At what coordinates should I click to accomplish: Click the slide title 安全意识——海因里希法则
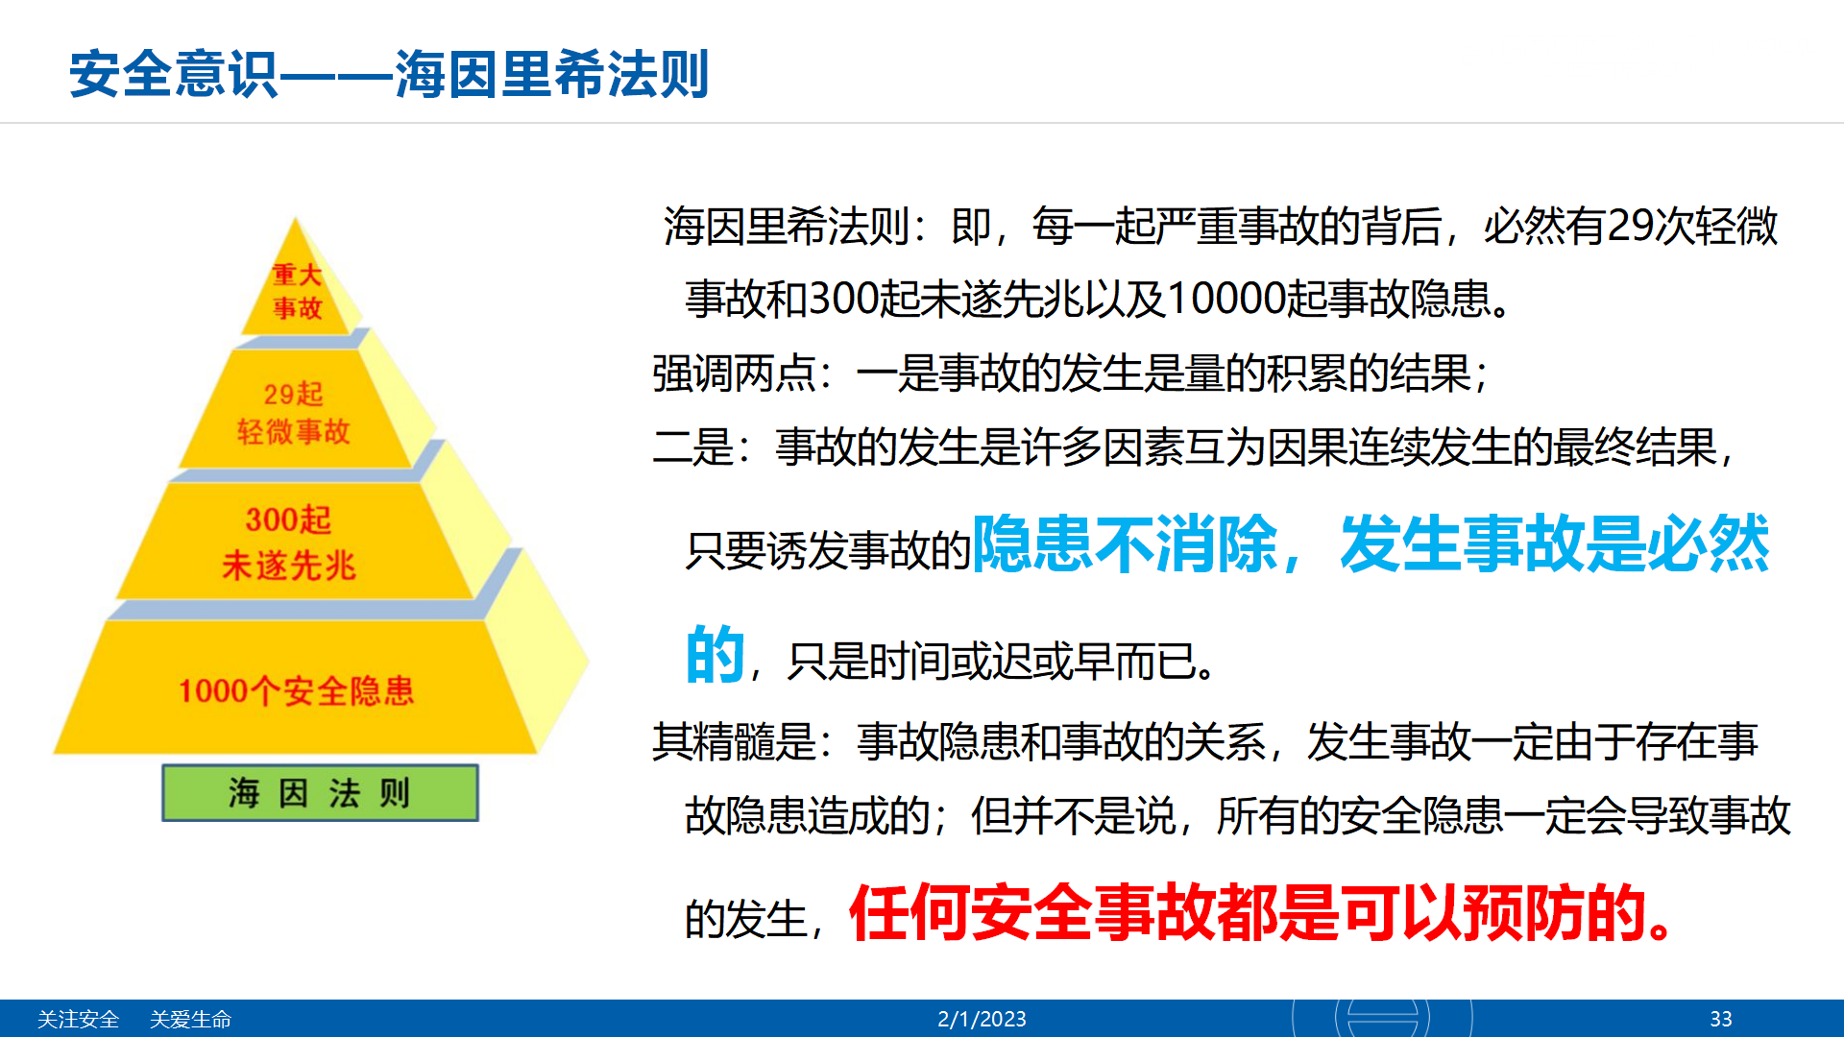(x=389, y=74)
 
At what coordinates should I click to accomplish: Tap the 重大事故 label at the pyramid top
(x=297, y=291)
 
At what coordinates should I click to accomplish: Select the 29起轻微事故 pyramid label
(x=294, y=413)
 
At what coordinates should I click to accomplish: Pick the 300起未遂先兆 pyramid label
(x=289, y=543)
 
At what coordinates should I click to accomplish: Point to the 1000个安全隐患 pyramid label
(x=296, y=690)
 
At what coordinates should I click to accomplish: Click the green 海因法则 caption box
(x=320, y=793)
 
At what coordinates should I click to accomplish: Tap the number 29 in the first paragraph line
(x=1629, y=227)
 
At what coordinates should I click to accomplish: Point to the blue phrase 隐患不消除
(x=1125, y=544)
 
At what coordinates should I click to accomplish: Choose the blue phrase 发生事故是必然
(x=1554, y=544)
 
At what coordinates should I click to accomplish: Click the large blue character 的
(x=716, y=655)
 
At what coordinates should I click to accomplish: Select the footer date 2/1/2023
(x=982, y=1019)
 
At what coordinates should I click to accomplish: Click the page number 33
(x=1721, y=1019)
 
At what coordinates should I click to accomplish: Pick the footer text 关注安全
(x=78, y=1019)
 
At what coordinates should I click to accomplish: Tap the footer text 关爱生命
(x=190, y=1019)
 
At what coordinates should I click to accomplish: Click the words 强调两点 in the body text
(x=734, y=374)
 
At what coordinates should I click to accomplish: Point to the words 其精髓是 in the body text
(x=734, y=742)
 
